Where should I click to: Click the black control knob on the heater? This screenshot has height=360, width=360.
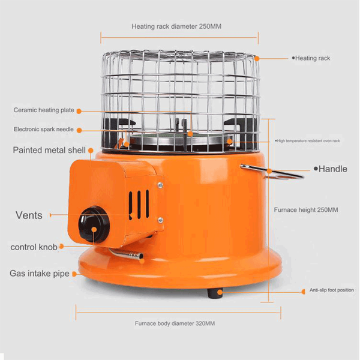(94, 225)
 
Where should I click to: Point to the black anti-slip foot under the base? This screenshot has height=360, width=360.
(214, 293)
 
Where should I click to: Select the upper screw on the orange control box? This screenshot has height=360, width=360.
(160, 185)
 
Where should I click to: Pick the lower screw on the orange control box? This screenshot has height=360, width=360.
(160, 220)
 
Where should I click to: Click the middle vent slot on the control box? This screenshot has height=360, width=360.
(139, 205)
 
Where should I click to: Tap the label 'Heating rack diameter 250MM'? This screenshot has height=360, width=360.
(176, 26)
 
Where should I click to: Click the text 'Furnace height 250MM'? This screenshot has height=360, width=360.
(306, 210)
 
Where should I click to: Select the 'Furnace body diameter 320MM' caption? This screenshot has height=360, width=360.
(175, 323)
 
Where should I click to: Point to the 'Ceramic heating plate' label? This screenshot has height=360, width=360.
(44, 110)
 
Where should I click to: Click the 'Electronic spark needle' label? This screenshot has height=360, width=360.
(44, 129)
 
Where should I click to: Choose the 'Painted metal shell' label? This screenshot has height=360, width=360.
(49, 150)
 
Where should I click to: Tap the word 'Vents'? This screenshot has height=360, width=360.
(29, 215)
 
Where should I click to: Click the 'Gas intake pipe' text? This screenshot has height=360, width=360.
(39, 274)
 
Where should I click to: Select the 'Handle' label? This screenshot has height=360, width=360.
(332, 169)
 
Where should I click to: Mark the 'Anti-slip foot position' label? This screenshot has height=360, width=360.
(332, 290)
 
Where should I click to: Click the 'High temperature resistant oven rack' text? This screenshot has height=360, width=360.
(308, 141)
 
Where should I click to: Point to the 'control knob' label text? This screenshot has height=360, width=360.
(34, 247)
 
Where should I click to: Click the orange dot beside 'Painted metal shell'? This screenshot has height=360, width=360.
(91, 151)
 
